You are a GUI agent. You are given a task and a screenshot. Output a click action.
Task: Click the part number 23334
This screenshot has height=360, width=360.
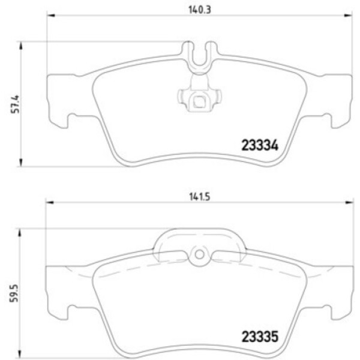(x=260, y=145)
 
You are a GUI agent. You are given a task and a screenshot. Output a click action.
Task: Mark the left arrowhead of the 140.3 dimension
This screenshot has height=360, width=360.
(x=50, y=17)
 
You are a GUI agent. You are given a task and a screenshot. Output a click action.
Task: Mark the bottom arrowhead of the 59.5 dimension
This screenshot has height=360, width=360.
(x=22, y=354)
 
